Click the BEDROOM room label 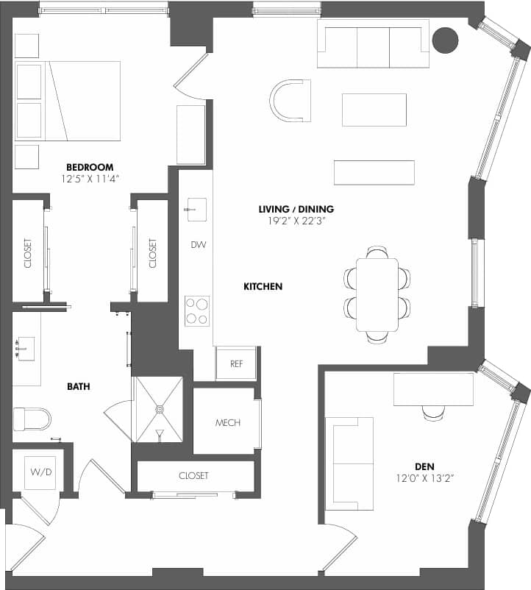89,167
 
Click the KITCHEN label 263,286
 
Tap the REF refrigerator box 236,363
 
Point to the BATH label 79,385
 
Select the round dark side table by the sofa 445,40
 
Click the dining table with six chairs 377,294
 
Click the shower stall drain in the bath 158,407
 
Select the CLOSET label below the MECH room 193,476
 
